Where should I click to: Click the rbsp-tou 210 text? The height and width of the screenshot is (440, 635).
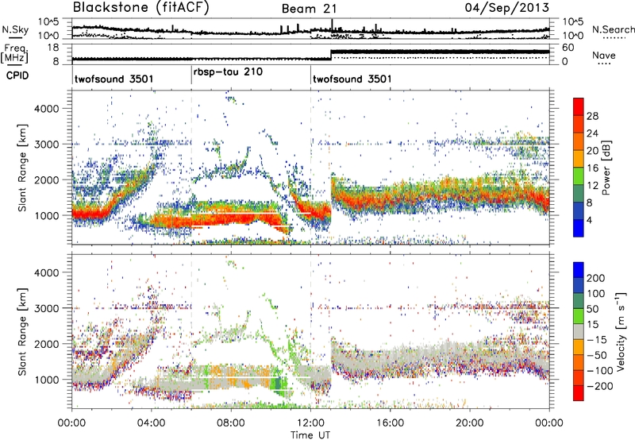[228, 71]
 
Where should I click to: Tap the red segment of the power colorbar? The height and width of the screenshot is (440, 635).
[579, 111]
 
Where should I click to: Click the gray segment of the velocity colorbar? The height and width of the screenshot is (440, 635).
[579, 328]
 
